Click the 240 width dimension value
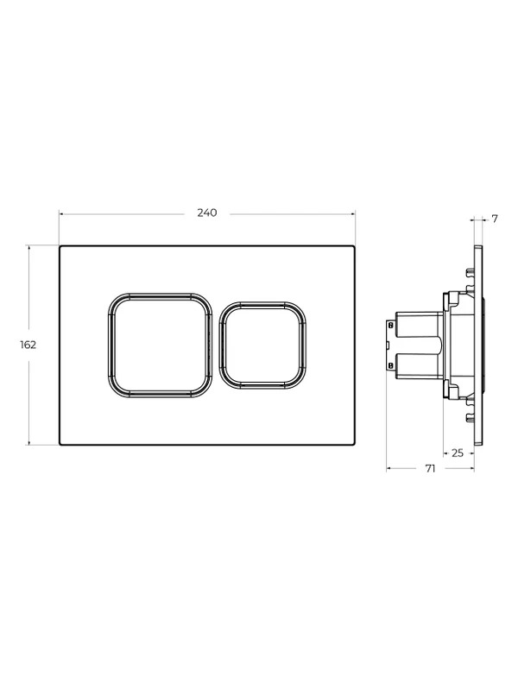tap(206, 212)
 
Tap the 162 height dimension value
tap(28, 345)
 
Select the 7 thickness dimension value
tap(495, 219)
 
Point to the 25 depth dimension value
tap(458, 453)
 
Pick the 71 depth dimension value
tap(430, 469)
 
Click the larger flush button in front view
tap(160, 345)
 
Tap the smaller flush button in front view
tap(262, 345)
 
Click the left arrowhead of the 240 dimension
tap(61, 214)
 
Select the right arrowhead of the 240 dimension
tap(352, 214)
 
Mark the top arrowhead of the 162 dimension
tap(29, 248)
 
